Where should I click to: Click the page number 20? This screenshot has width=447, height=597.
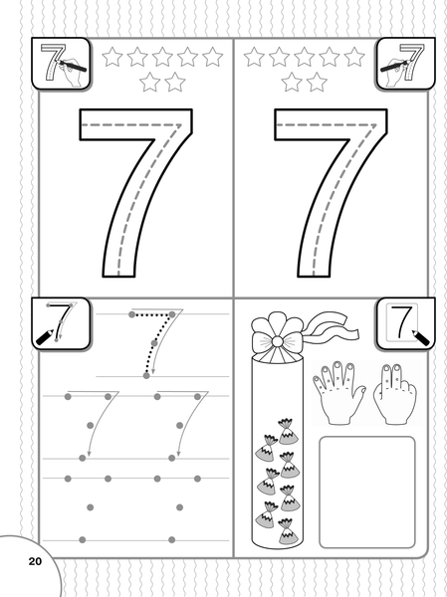click(35, 561)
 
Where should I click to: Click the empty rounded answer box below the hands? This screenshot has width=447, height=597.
click(367, 493)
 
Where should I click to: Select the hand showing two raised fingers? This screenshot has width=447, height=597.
click(395, 395)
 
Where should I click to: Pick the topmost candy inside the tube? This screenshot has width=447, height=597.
click(287, 432)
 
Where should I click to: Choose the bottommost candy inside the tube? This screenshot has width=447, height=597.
click(287, 531)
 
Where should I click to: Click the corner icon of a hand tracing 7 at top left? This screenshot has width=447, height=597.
click(61, 64)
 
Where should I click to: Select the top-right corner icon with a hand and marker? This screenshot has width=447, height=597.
click(405, 64)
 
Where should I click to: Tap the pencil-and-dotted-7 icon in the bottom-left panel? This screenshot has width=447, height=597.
click(61, 323)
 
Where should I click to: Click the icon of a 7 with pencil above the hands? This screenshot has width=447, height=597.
click(406, 323)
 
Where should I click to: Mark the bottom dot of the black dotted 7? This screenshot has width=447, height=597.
click(146, 376)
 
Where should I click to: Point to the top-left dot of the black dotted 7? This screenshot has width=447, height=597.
click(131, 314)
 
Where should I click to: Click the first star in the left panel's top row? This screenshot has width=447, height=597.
click(112, 57)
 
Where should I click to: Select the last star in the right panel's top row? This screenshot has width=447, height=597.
click(354, 57)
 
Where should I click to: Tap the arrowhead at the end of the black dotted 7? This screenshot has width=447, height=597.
click(153, 371)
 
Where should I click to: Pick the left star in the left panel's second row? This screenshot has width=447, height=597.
click(149, 82)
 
